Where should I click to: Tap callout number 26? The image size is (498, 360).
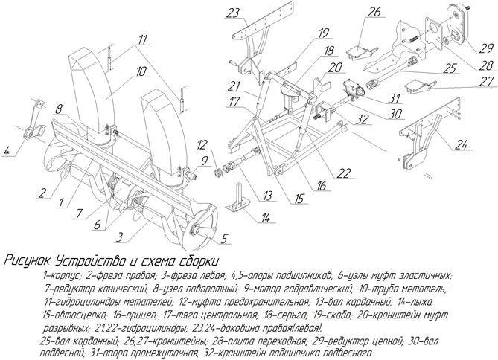[x=373, y=13]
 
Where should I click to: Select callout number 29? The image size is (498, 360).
[x=486, y=48]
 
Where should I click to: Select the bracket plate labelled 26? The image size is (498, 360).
[x=361, y=52]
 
